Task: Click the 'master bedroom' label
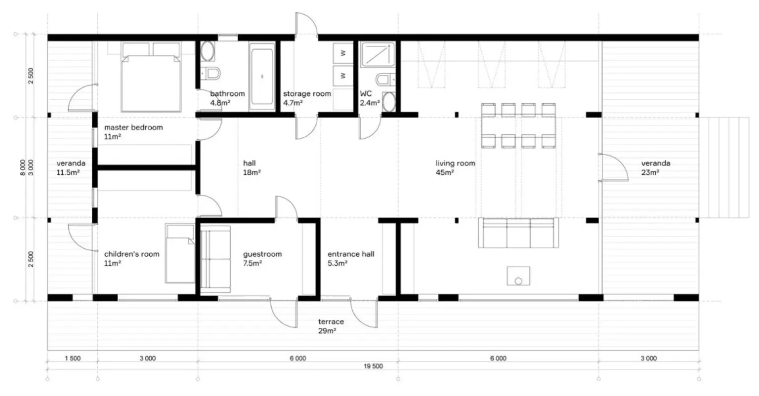pyautogui.click(x=133, y=127)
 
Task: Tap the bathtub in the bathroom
pyautogui.click(x=262, y=77)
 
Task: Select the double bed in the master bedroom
pyautogui.click(x=151, y=77)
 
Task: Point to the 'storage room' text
pyautogui.click(x=307, y=94)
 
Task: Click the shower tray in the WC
pyautogui.click(x=378, y=54)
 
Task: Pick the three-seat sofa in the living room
pyautogui.click(x=518, y=233)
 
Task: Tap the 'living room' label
pyautogui.click(x=456, y=163)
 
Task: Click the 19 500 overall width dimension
pyautogui.click(x=374, y=366)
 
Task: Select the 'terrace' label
pyautogui.click(x=331, y=321)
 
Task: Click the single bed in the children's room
pyautogui.click(x=180, y=253)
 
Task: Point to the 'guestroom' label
pyautogui.click(x=262, y=254)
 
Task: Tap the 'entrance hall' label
pyautogui.click(x=351, y=254)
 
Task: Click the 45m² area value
pyautogui.click(x=445, y=173)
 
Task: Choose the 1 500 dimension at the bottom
pyautogui.click(x=73, y=358)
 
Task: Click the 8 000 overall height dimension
pyautogui.click(x=23, y=167)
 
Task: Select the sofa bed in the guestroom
pyautogui.click(x=215, y=259)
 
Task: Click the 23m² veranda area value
pyautogui.click(x=650, y=173)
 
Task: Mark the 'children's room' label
pyautogui.click(x=132, y=254)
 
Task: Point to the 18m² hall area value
pyautogui.click(x=252, y=173)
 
